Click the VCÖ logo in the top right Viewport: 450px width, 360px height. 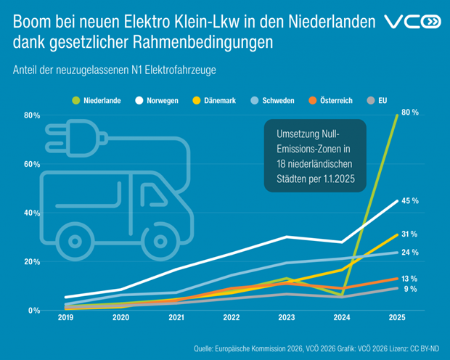pos(412,23)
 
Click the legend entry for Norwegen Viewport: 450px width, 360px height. pos(157,100)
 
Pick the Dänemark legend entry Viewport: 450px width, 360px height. pos(215,100)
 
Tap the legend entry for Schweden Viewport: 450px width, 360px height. pos(274,100)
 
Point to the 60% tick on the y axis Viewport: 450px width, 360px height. pos(31,164)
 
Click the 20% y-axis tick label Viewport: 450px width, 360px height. pos(31,261)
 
